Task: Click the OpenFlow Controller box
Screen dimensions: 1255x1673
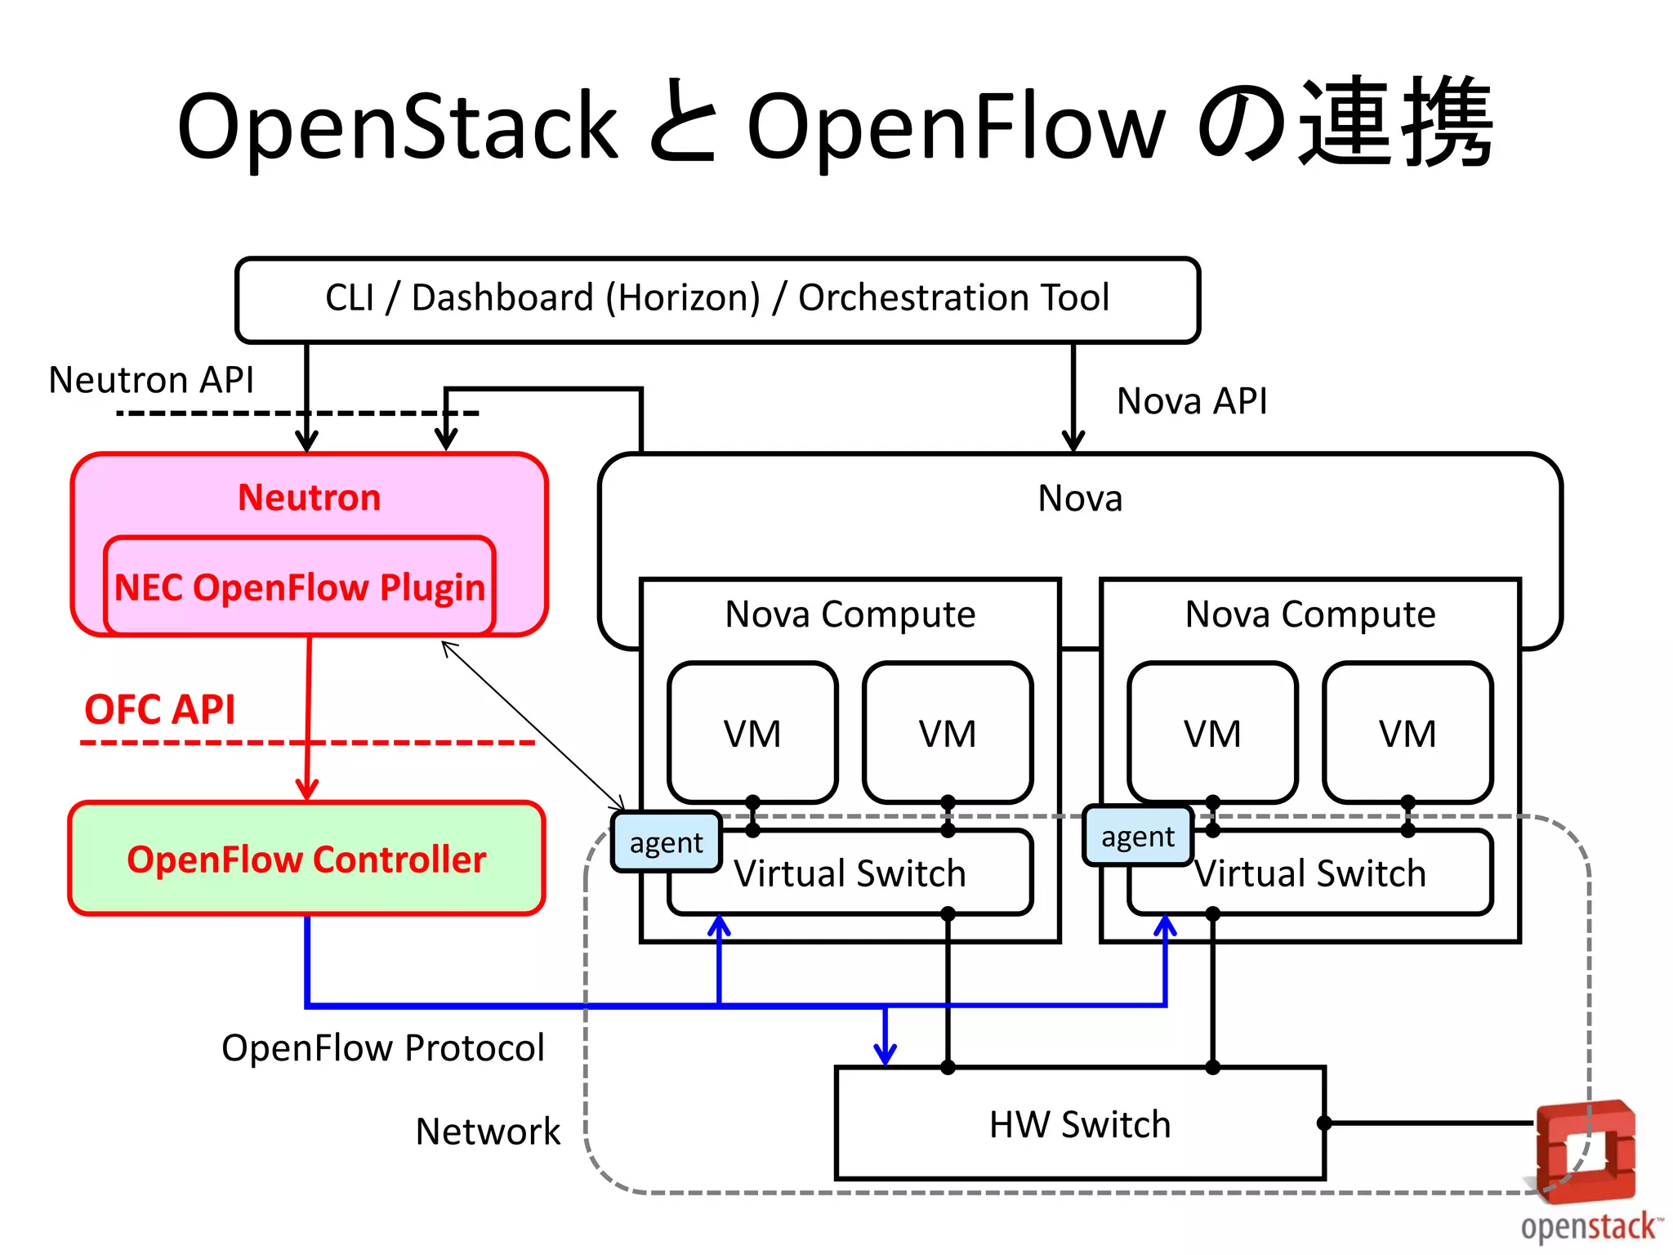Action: [306, 859]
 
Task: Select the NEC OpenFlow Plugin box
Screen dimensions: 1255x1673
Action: [300, 587]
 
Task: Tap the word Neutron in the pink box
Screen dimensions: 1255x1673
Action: [309, 497]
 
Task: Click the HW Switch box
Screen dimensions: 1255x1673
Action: [1080, 1124]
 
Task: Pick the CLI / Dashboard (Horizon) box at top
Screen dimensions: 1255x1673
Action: [717, 298]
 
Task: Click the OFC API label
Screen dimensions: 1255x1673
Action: [159, 709]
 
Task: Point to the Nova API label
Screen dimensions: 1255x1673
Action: [1192, 401]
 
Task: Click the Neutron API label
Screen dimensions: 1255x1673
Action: [151, 380]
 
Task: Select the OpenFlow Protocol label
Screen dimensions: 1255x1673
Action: [382, 1048]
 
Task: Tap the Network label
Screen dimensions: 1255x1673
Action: [488, 1132]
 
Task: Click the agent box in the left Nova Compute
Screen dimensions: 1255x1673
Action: [666, 842]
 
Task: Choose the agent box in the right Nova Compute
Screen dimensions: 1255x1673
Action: [1137, 837]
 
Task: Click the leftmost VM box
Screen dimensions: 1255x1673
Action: [752, 733]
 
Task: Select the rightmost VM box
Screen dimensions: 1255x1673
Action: [1408, 733]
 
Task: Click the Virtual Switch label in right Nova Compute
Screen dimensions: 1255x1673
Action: [1310, 873]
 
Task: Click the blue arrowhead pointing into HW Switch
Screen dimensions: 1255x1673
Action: [886, 1054]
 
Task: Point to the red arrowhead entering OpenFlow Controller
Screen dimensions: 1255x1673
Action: [306, 789]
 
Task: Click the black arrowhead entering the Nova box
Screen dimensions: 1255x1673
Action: [1073, 440]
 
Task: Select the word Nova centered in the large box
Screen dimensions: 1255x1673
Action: [1080, 498]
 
